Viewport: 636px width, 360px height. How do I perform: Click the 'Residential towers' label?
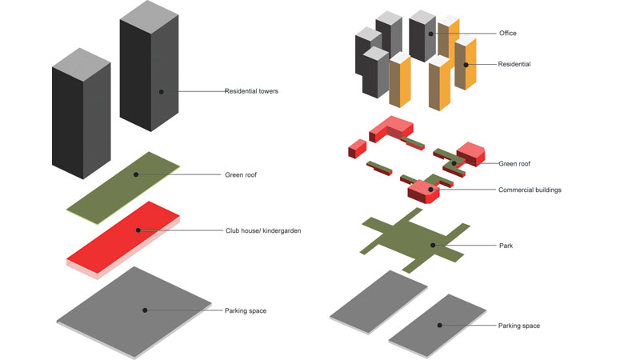coord(251,91)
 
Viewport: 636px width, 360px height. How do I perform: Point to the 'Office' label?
coord(507,33)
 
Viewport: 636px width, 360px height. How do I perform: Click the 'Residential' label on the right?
coord(514,64)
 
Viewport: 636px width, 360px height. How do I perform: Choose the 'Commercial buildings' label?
coord(530,190)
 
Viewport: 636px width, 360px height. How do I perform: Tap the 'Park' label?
coord(505,245)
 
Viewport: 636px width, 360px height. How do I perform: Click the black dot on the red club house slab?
coord(138,230)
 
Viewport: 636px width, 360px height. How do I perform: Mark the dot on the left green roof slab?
coord(136,174)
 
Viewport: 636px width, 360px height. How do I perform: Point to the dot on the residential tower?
coord(161,92)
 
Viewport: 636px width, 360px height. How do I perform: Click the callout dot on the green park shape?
coord(433,245)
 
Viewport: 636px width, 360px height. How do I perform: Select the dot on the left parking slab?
coord(145,309)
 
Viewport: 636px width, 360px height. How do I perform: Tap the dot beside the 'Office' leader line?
coord(430,34)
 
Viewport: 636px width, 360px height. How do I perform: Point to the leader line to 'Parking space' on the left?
coord(184,309)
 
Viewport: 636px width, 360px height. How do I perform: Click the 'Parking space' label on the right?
coord(518,326)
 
